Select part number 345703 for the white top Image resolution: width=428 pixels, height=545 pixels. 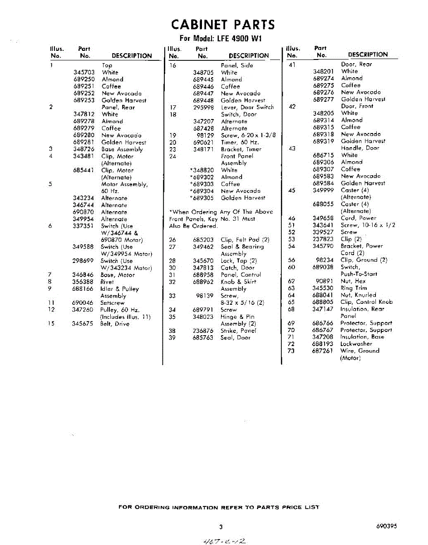click(84, 72)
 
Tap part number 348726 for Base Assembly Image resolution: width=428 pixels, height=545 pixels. click(84, 149)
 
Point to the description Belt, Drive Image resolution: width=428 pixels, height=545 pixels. click(115, 324)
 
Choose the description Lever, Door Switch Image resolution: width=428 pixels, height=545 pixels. click(247, 107)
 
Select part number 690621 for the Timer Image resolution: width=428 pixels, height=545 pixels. click(204, 142)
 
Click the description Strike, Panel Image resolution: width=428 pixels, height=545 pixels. click(238, 331)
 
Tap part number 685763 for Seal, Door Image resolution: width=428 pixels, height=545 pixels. click(203, 338)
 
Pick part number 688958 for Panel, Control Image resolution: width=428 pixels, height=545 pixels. click(203, 275)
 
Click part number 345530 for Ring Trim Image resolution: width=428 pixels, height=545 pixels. click(323, 288)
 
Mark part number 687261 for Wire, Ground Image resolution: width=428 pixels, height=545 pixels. click(323, 351)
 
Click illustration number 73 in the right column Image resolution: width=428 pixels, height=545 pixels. click(291, 351)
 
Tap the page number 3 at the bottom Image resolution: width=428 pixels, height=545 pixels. click(221, 527)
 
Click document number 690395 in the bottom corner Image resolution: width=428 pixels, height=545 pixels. click(386, 526)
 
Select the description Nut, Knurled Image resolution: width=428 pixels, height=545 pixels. click(358, 295)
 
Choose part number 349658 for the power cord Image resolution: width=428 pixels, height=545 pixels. click(323, 218)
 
